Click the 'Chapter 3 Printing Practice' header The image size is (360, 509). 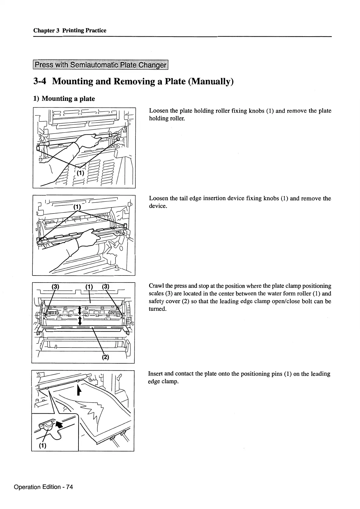pos(70,30)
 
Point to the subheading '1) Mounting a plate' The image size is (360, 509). pos(64,99)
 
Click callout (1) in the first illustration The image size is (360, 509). pos(80,173)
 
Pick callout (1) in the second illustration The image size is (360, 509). pos(77,207)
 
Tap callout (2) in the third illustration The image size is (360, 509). pos(105,357)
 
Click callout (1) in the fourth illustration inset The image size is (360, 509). pos(42,446)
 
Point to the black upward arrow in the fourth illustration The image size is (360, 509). pos(79,390)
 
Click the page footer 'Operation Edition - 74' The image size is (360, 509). pos(43,487)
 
